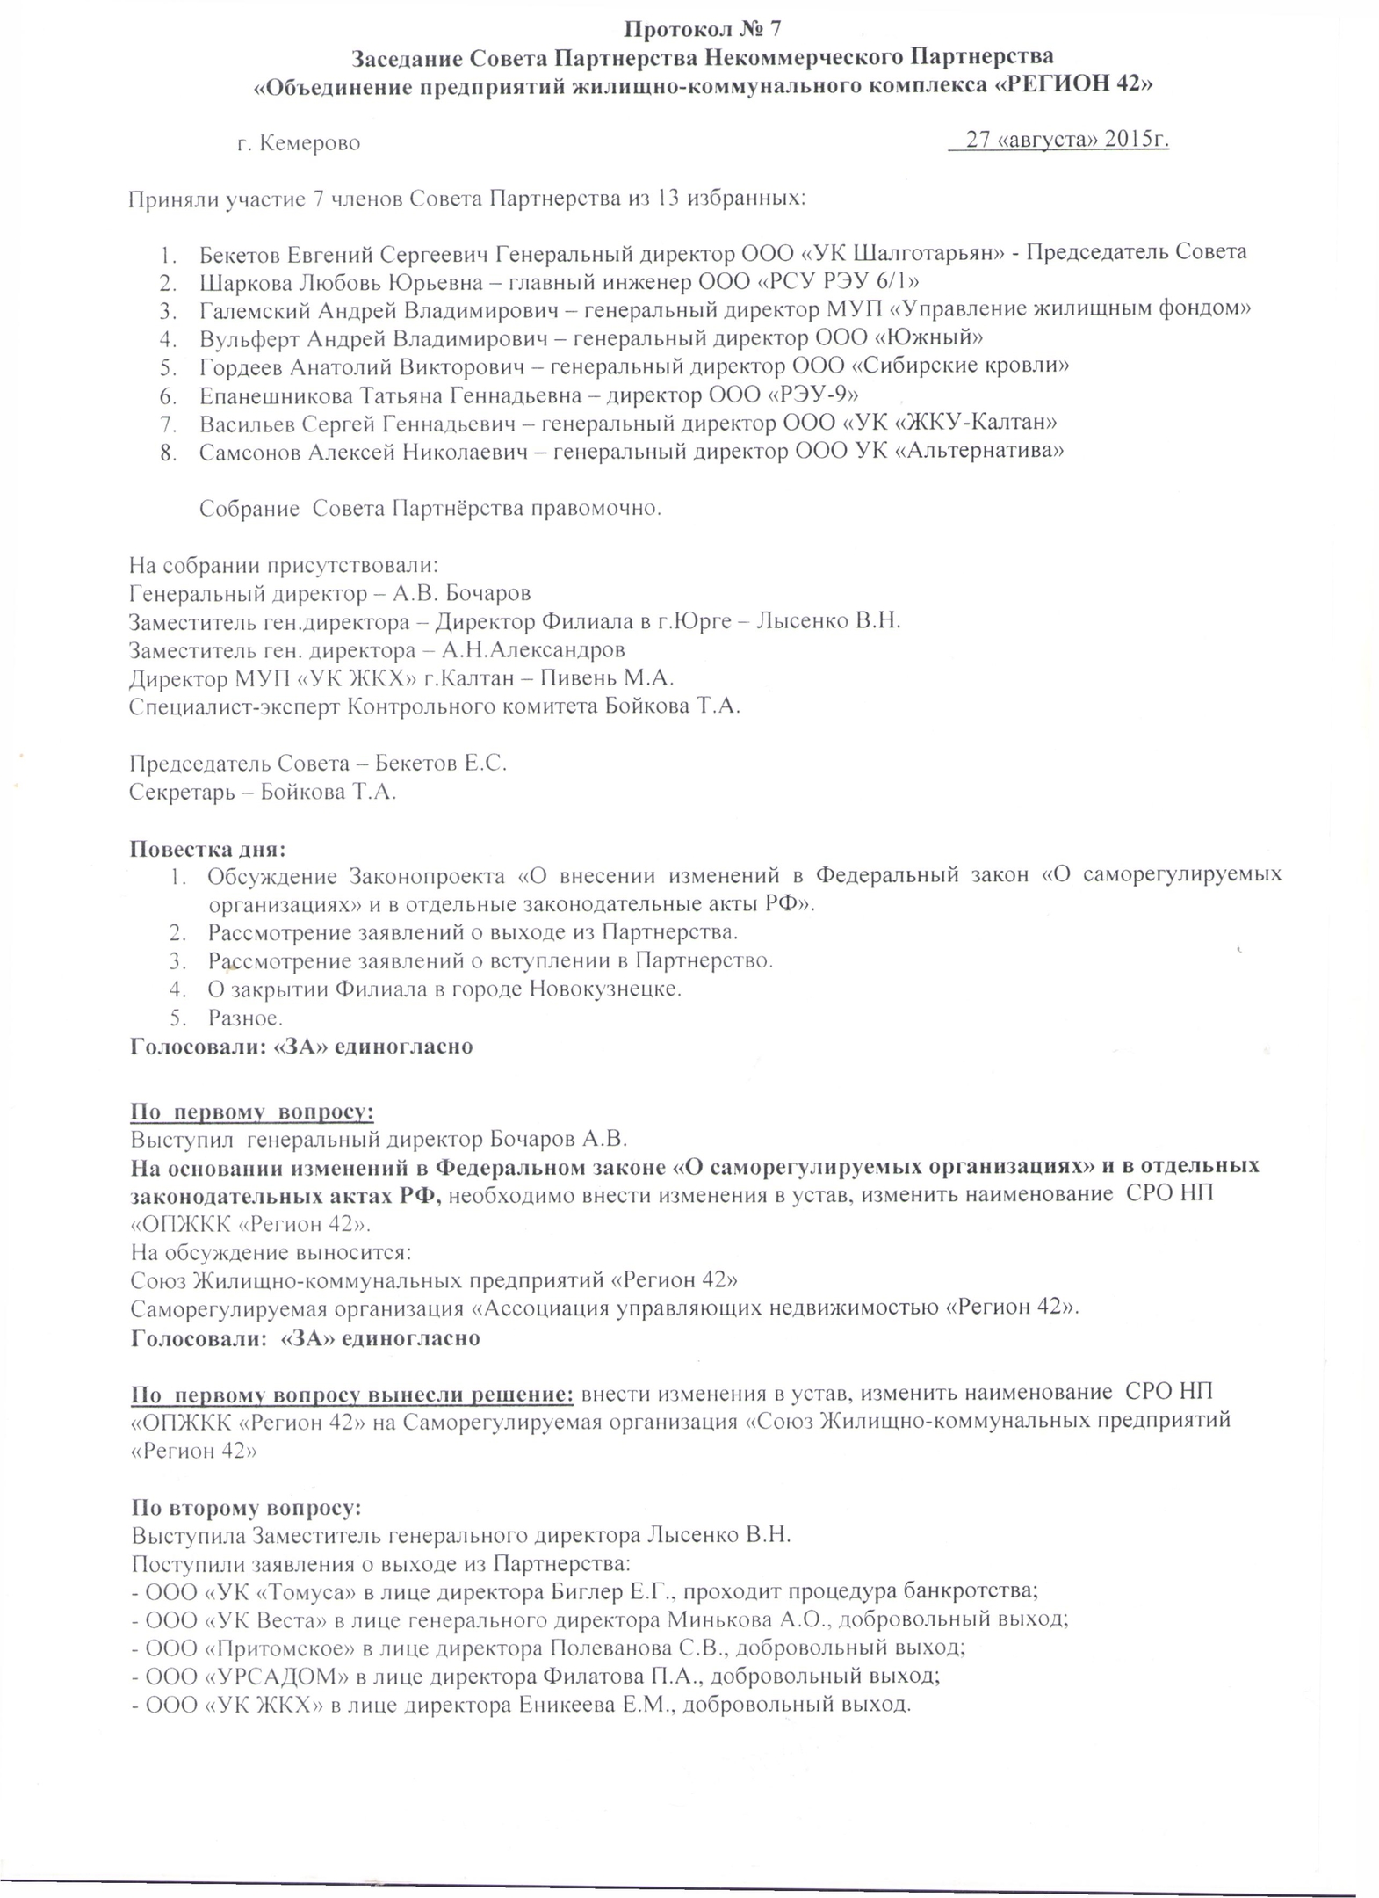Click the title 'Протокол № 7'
[702, 29]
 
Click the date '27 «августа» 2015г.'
[1067, 140]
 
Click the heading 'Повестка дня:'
[207, 849]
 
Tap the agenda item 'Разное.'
[245, 1018]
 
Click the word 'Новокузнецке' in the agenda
[605, 989]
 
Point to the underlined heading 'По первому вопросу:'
[252, 1112]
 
